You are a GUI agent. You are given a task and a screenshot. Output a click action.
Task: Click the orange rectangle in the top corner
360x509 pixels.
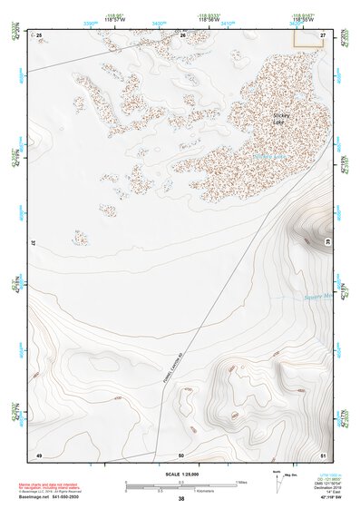(308, 37)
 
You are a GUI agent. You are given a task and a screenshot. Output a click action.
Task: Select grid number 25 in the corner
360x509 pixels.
(39, 34)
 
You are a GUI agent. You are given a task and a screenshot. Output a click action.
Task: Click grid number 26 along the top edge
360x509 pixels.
(182, 34)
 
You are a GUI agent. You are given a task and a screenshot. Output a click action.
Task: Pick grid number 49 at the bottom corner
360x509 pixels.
(39, 454)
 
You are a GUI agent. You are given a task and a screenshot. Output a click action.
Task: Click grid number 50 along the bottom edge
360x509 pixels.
(181, 454)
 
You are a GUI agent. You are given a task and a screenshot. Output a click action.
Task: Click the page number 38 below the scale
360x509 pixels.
(181, 499)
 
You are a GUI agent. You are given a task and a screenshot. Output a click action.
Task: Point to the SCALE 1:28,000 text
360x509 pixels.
(180, 475)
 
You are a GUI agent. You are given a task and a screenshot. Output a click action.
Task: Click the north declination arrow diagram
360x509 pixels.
(277, 480)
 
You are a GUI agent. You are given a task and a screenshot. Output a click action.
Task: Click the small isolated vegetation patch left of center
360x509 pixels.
(81, 238)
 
